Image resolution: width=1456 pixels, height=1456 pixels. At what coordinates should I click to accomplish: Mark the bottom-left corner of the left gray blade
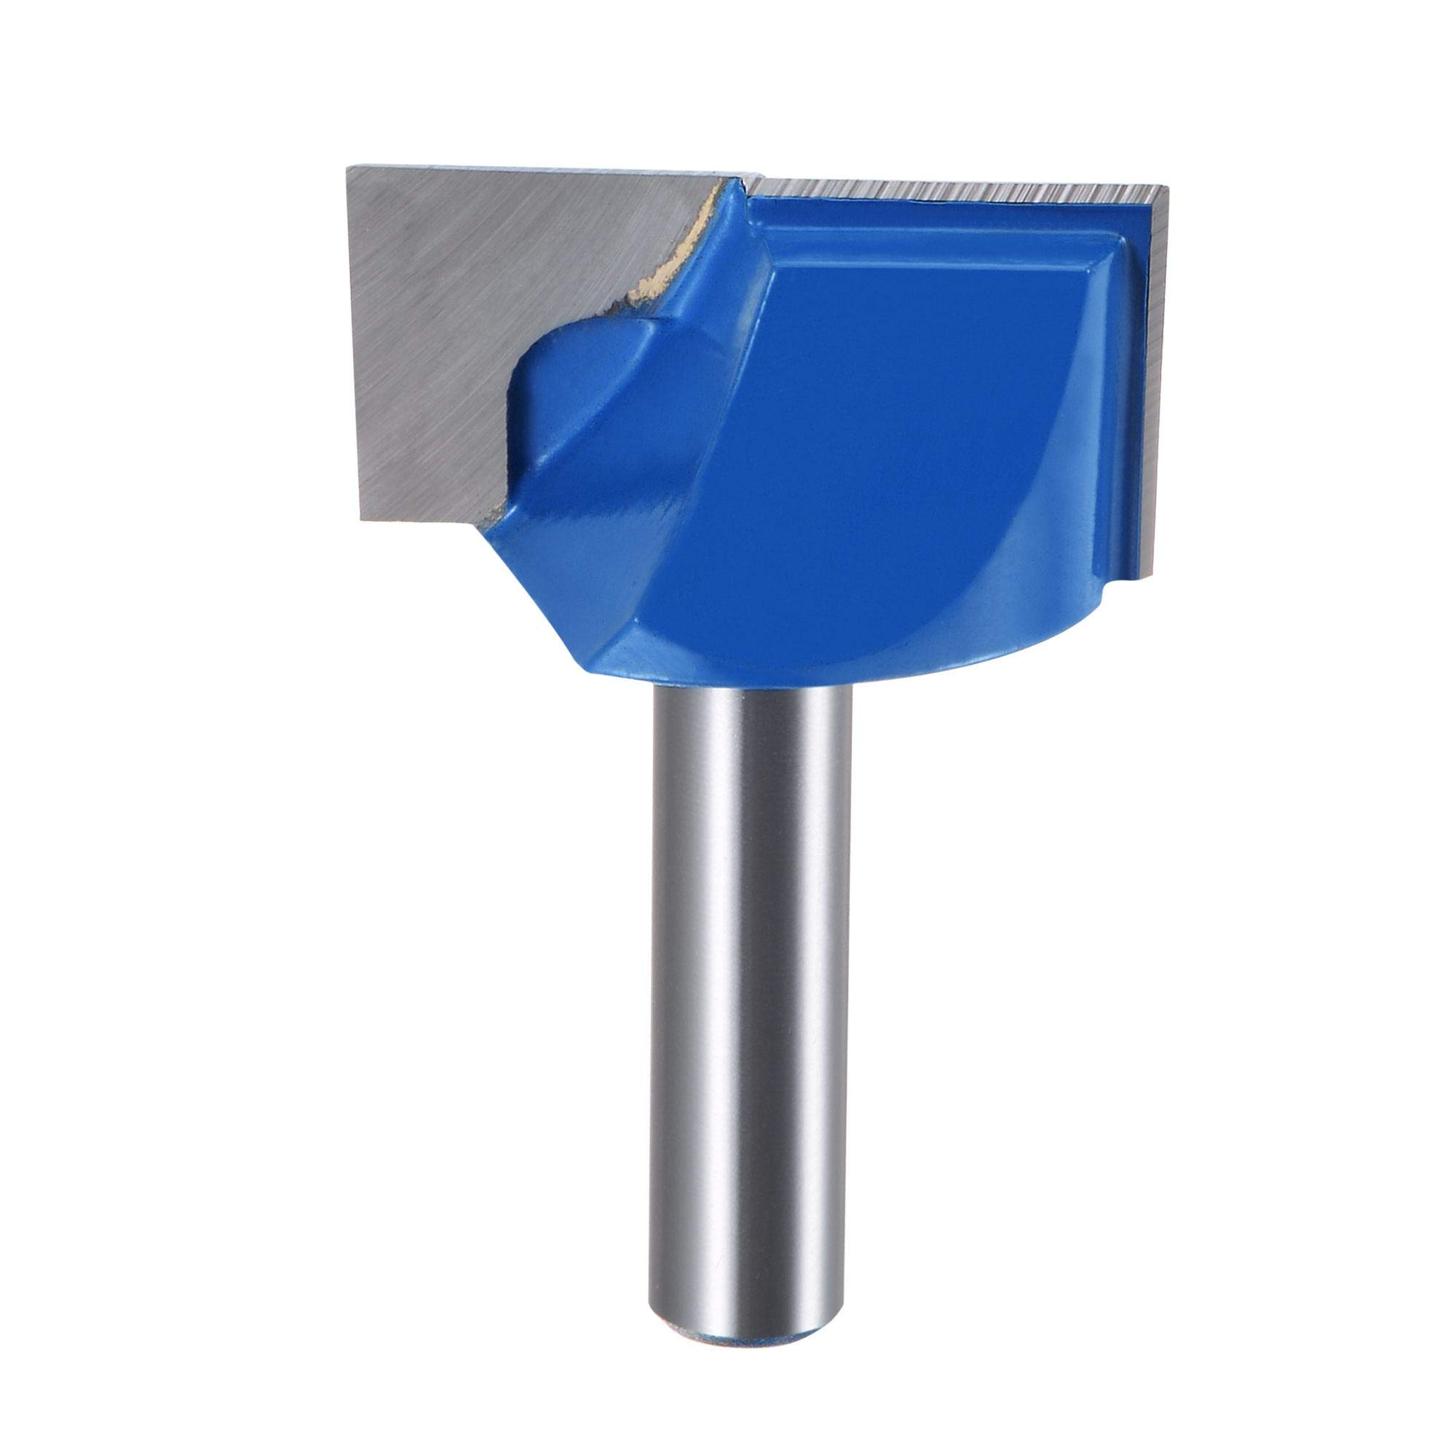pyautogui.click(x=362, y=520)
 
